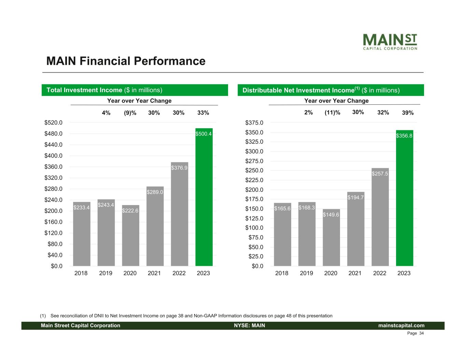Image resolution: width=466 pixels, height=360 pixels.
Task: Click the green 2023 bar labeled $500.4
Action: [x=204, y=198]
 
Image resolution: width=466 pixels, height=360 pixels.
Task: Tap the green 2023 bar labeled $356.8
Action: [x=404, y=198]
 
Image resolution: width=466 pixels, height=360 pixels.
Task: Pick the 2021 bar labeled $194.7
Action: [x=355, y=229]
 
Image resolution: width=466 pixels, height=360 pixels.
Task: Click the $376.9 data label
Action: [x=179, y=168]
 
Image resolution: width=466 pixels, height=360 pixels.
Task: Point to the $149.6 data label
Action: [x=331, y=215]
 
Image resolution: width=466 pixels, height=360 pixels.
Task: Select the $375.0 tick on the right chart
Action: [x=254, y=123]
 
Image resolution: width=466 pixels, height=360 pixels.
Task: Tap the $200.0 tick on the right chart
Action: [x=254, y=190]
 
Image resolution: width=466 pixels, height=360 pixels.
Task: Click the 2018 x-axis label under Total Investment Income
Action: [x=81, y=273]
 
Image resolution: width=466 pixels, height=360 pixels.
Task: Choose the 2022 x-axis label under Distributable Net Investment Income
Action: [x=380, y=273]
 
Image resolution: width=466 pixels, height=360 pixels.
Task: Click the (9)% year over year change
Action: [x=130, y=113]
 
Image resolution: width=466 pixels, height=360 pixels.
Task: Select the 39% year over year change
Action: [x=408, y=113]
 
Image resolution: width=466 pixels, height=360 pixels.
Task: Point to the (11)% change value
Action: [x=332, y=113]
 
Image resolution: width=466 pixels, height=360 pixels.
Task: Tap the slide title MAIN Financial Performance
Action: [x=126, y=61]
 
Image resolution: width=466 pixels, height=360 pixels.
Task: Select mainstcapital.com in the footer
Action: [x=401, y=326]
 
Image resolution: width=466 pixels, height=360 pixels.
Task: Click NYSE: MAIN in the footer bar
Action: [x=249, y=326]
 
